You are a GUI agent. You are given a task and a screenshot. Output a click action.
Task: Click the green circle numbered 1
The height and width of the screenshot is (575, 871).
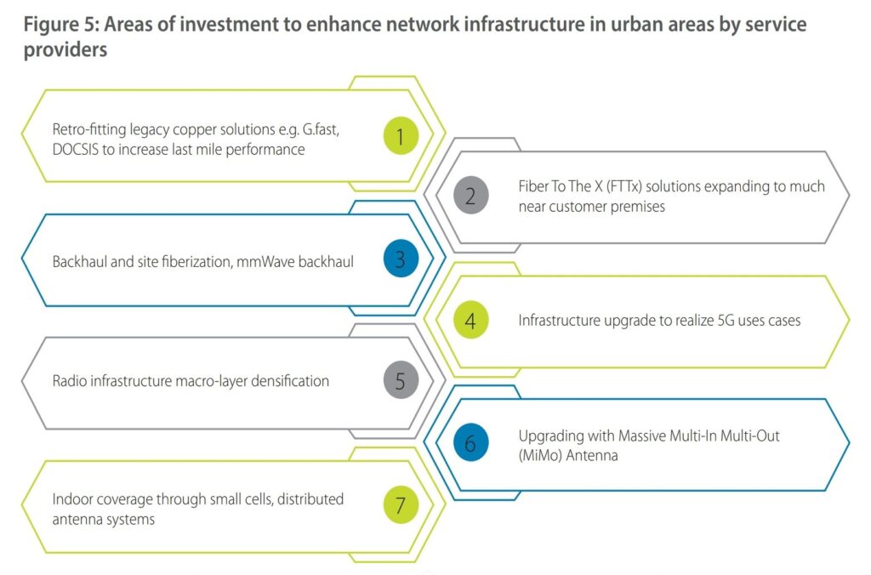click(401, 135)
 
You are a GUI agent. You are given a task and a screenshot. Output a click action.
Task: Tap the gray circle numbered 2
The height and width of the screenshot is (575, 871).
click(470, 196)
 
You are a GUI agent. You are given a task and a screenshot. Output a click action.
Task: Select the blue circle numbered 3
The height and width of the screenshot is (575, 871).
click(401, 259)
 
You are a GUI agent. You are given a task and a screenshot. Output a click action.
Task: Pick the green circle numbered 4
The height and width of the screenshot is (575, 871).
click(470, 321)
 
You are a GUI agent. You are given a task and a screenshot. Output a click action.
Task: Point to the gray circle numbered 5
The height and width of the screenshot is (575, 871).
click(401, 380)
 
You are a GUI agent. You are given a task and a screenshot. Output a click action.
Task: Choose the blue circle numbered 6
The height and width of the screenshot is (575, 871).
click(470, 443)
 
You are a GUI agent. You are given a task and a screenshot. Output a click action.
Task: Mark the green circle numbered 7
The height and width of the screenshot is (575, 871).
click(401, 505)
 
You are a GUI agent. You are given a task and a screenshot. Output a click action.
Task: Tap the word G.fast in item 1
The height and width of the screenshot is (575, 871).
click(321, 129)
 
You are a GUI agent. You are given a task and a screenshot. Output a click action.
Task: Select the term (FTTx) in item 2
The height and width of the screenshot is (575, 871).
click(623, 186)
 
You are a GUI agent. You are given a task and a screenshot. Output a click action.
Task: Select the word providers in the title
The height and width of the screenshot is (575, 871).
click(65, 50)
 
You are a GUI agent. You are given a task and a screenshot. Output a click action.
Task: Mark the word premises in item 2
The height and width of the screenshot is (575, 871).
click(638, 208)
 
